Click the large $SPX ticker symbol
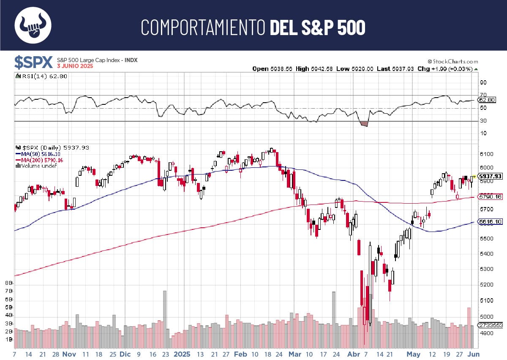click(x=33, y=62)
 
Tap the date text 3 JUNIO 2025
click(x=75, y=66)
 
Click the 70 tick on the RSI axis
click(x=483, y=95)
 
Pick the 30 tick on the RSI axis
click(x=483, y=121)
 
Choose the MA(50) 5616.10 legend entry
click(x=39, y=154)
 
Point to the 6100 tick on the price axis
click(x=486, y=154)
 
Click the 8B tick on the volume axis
click(x=8, y=282)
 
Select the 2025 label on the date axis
click(x=182, y=354)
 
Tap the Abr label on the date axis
click(x=353, y=354)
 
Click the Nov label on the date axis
click(x=69, y=354)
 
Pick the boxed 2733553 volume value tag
click(x=490, y=325)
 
